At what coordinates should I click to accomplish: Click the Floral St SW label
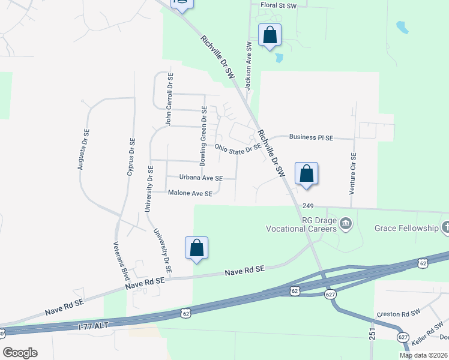(x=279, y=5)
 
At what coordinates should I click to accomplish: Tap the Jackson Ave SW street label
(x=247, y=62)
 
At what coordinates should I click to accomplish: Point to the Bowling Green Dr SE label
(x=203, y=136)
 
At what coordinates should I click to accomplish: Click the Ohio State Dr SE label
(x=238, y=148)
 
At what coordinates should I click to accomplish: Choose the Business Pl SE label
(x=311, y=137)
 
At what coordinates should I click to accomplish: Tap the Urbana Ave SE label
(x=201, y=178)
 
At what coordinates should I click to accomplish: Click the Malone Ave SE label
(x=190, y=194)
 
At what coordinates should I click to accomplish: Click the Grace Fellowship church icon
(x=444, y=228)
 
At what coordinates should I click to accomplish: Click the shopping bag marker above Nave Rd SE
(x=196, y=248)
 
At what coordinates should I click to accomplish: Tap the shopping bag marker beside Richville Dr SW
(x=306, y=174)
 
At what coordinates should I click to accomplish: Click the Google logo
(x=20, y=353)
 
